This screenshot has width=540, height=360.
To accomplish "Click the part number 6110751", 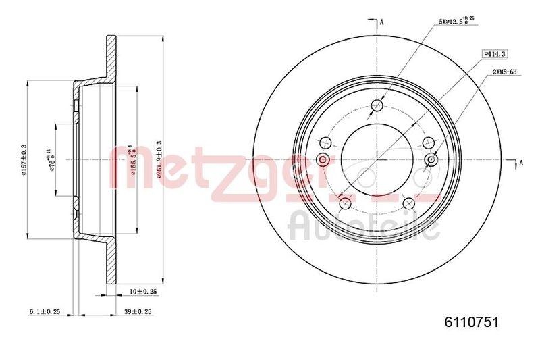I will [471, 324].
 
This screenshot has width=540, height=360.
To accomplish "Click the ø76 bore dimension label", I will [51, 159].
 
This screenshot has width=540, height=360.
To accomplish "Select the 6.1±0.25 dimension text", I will [45, 311].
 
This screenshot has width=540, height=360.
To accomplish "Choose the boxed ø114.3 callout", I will [495, 53].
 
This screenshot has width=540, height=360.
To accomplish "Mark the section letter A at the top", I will [382, 22].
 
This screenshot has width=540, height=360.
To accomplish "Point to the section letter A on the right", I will [520, 162].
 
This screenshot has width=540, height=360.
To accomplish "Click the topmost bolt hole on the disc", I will [377, 106].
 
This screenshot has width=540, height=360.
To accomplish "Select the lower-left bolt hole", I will [345, 203].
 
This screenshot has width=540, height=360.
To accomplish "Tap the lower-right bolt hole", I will [408, 203].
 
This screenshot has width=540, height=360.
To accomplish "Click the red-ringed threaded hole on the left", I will [323, 160].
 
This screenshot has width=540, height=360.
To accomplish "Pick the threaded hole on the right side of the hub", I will [431, 159].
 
